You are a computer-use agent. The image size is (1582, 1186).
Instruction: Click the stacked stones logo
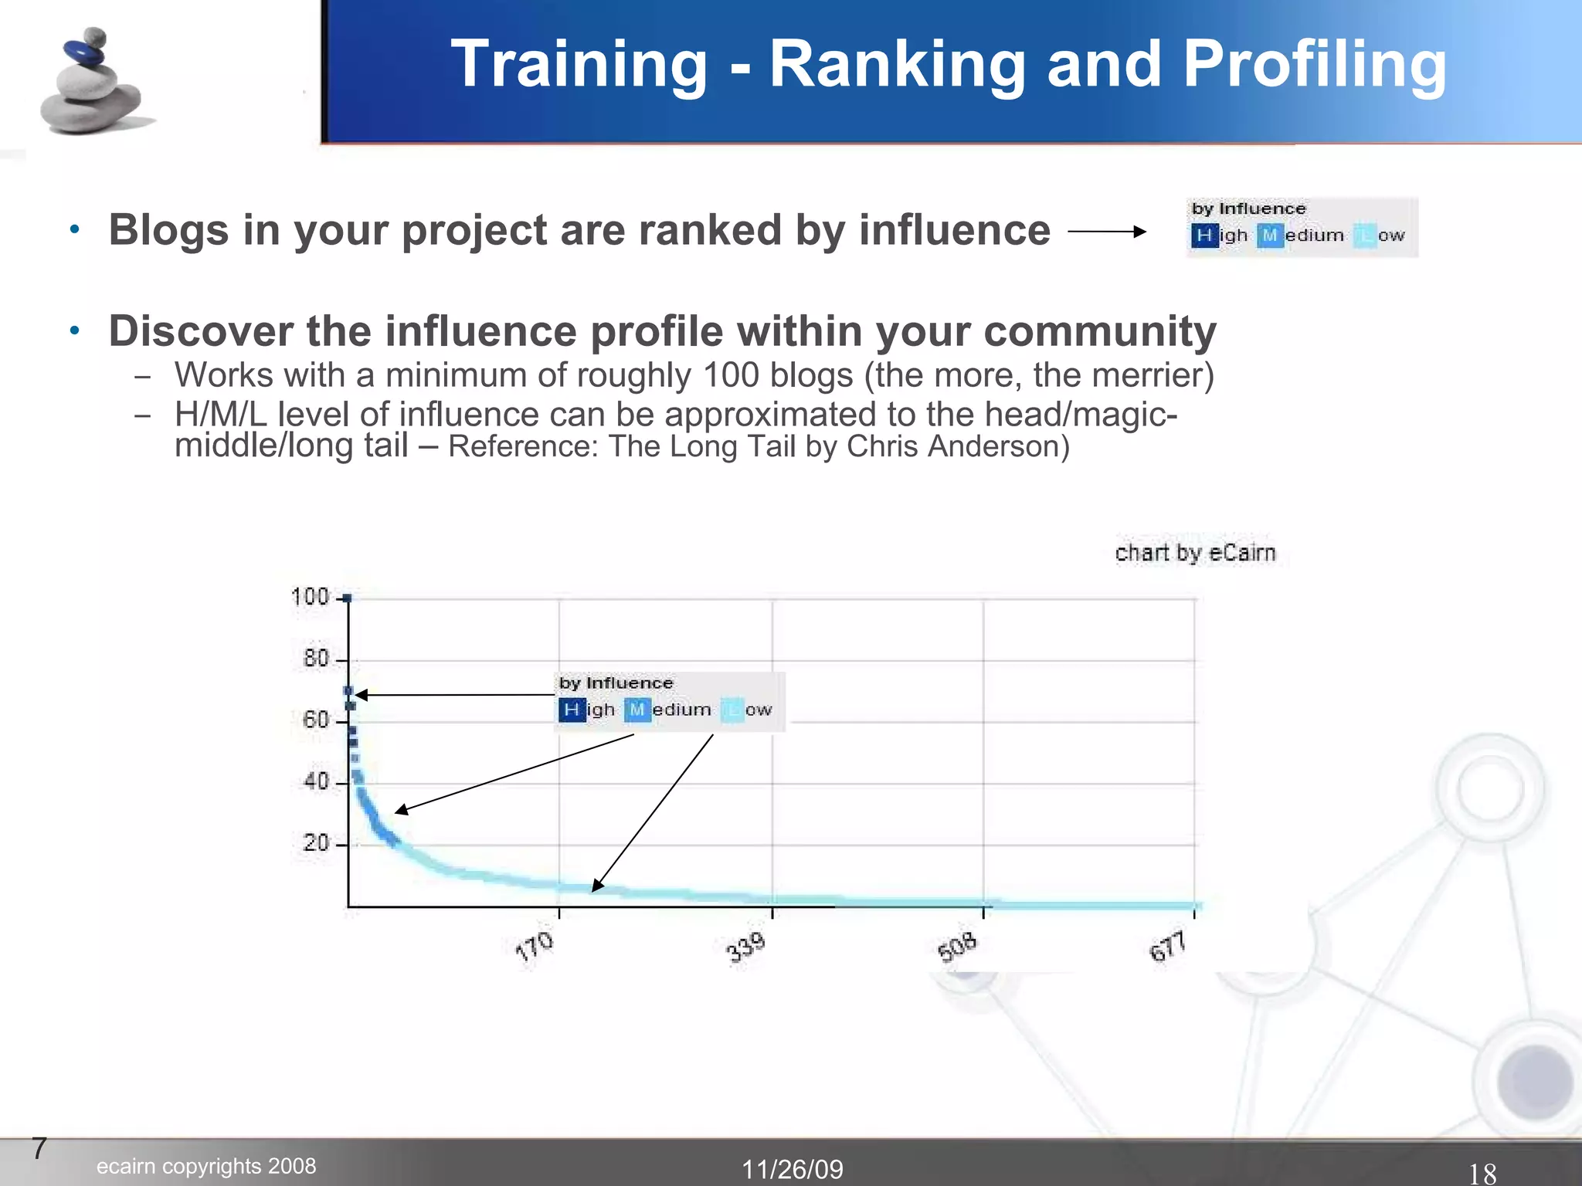91,83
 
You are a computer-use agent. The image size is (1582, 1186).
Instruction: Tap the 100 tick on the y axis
311,597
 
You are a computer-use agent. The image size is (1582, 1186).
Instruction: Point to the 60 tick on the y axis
317,720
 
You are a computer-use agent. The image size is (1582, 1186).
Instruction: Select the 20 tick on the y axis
317,842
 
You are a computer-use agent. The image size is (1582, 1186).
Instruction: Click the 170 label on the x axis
535,947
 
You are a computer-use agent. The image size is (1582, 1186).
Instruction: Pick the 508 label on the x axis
958,947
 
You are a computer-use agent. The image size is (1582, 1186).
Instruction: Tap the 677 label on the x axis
1168,947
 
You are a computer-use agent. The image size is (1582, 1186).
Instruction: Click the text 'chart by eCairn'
1195,553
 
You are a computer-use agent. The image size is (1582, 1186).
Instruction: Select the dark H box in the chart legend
572,710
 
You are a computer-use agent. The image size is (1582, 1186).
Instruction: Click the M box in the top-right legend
1270,236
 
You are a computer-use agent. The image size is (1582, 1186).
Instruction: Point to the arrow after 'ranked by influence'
1106,231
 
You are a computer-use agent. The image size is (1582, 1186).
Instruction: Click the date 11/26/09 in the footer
793,1169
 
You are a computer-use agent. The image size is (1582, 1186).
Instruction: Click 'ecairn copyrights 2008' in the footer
206,1166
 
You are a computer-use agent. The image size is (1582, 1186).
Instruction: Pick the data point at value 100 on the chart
348,598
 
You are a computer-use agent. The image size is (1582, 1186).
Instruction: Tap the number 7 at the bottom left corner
39,1148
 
